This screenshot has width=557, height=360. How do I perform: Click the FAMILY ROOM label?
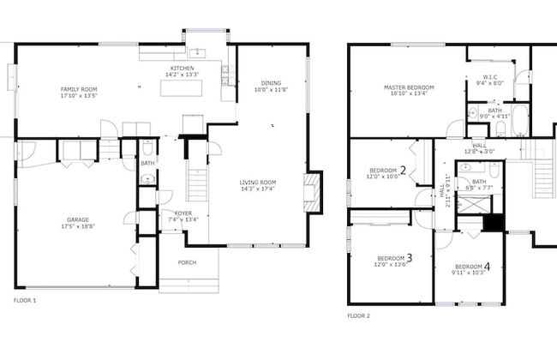pos(78,89)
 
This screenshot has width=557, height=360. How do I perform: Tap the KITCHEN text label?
pos(182,69)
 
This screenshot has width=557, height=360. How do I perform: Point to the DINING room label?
pos(271,83)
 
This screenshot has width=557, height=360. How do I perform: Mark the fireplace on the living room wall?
pos(314,190)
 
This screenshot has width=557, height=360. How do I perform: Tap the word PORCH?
pos(188,262)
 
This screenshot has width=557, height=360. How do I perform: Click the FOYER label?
pos(183,213)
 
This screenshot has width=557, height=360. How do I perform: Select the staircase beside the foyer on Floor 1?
pos(197,184)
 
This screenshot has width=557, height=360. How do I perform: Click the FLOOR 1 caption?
pos(25,301)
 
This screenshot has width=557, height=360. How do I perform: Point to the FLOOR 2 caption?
pos(358,315)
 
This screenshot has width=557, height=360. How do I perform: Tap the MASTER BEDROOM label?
pos(409,87)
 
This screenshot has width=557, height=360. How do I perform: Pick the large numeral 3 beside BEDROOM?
pos(409,257)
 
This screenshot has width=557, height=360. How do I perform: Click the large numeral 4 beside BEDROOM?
pos(488,266)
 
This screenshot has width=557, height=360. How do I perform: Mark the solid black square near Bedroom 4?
pos(493,222)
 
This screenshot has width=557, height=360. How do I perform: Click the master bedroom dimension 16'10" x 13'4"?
pos(409,94)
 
